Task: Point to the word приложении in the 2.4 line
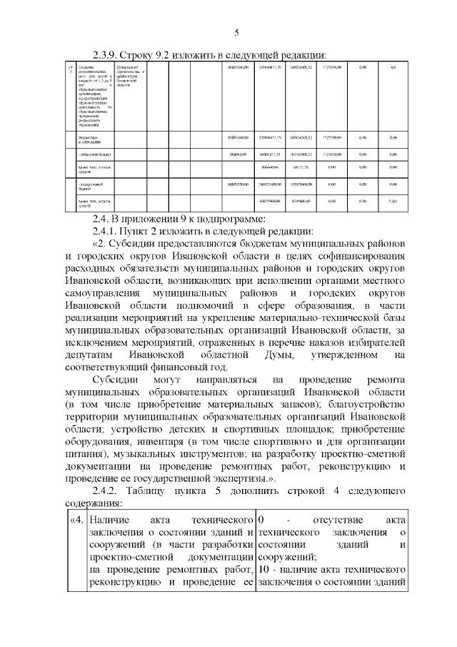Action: tap(157, 219)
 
